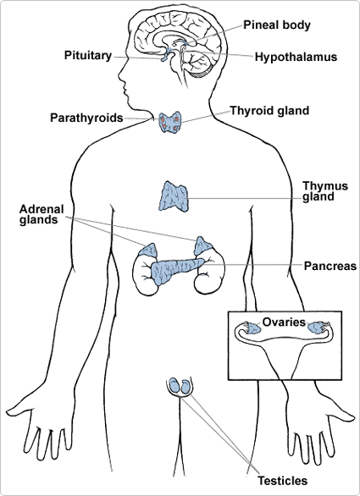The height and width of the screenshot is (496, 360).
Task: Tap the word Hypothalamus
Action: pos(296,58)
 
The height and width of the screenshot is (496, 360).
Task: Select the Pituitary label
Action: pos(87,56)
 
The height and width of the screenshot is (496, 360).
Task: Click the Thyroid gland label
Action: pos(270,110)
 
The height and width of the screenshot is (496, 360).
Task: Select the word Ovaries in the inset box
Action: pos(282,322)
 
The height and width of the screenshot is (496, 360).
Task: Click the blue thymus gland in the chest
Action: pos(175,196)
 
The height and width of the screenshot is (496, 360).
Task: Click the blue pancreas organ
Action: pos(174,270)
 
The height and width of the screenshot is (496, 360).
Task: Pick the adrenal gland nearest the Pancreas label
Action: pos(205,246)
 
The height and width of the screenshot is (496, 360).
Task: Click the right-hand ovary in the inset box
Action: pos(319,328)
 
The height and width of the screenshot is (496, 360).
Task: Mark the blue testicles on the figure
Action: pos(179,386)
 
